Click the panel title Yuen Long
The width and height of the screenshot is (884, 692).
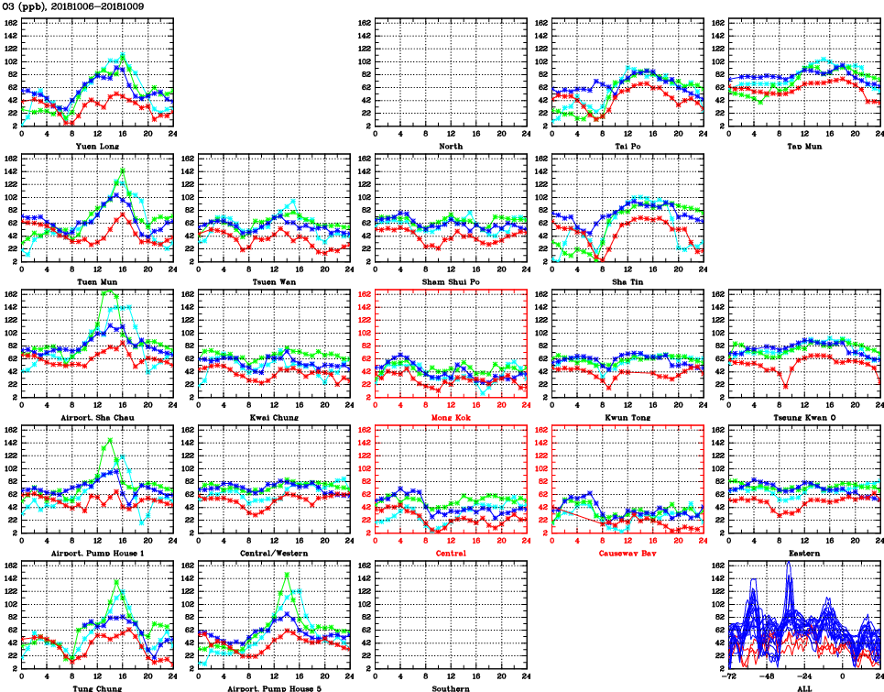point(97,146)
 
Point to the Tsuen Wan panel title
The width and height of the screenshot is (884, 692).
point(274,281)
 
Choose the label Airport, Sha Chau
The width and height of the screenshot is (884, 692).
point(97,418)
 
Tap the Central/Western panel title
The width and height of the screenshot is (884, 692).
point(274,554)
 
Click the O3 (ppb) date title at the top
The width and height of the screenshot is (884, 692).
point(61,6)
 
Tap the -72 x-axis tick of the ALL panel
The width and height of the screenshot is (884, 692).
point(730,679)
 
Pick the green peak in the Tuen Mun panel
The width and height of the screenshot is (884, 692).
point(123,170)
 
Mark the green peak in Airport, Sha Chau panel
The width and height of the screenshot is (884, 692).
point(110,291)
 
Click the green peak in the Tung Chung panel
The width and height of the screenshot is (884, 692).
point(116,580)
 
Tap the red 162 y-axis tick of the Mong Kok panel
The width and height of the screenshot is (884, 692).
point(364,294)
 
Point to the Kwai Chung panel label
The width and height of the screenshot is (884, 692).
point(274,418)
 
